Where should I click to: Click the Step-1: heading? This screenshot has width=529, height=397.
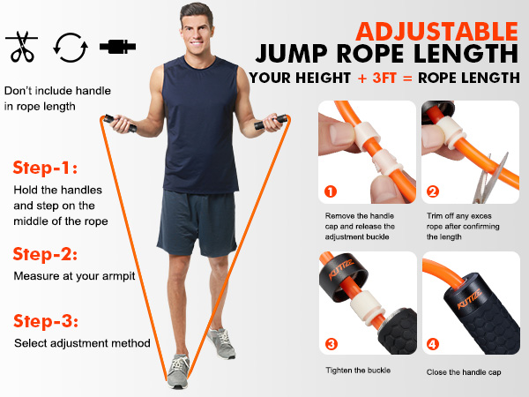coord(45,168)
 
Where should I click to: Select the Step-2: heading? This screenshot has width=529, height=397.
coord(47,254)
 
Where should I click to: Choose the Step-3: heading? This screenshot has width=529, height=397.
coord(47,320)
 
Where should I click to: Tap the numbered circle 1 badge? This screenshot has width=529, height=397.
coord(331,191)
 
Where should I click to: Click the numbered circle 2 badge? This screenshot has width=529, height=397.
coord(433,191)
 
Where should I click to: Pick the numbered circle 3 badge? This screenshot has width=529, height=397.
coord(331,343)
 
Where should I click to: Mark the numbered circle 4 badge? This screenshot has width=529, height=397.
coord(433,343)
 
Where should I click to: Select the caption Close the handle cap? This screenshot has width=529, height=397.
coord(464,372)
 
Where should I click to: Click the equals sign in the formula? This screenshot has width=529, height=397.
coord(413,78)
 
